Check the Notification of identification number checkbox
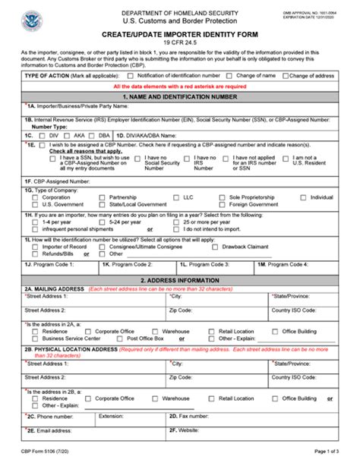click(131, 76)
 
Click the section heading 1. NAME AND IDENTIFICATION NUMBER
click(180, 98)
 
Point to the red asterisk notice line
click(180, 87)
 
